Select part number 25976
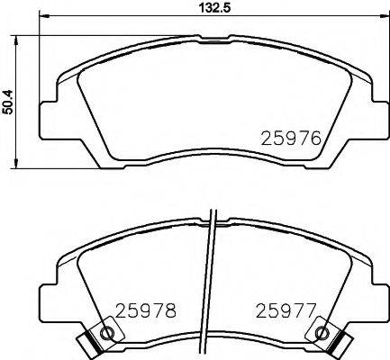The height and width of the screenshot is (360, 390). coord(290,139)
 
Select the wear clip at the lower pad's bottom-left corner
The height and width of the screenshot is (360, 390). coord(88,342)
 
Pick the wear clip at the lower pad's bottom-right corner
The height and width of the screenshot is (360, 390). coord(337,342)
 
